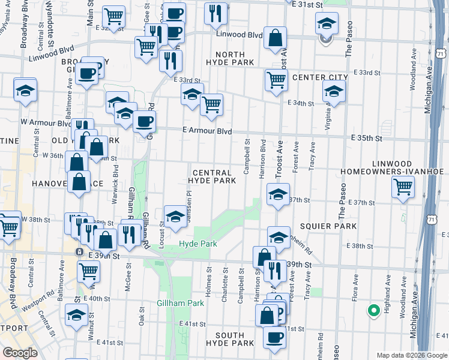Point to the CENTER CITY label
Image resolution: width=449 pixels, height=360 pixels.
320,78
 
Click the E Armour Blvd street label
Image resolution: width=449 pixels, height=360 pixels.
207,131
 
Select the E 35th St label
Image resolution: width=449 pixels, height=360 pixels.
367,138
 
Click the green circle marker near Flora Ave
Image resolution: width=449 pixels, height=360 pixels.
373,310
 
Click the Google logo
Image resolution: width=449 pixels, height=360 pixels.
20,353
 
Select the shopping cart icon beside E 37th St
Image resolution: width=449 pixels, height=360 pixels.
403,186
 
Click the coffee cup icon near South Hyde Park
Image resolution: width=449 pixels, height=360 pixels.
274,337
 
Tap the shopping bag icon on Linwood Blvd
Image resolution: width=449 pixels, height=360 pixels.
275,38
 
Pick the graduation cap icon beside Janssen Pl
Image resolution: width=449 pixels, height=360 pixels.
175,216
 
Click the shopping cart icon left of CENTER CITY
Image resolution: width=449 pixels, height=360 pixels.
276,79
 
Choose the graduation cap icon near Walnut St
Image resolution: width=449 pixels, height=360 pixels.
76,314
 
